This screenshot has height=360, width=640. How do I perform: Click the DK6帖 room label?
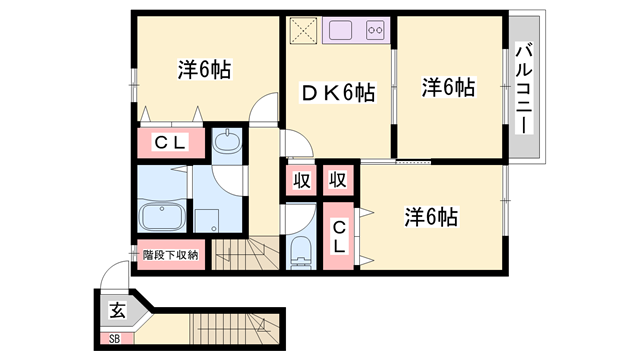340,94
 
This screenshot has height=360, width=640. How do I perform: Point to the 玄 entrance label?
117,307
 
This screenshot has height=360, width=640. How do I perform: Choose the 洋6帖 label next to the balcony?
447,88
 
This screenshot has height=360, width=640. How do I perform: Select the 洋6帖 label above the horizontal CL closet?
205,70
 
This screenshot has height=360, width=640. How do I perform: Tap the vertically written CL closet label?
340,236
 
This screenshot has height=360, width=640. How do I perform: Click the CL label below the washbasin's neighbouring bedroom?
169,142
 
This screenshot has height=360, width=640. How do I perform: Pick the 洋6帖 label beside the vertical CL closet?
431,215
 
